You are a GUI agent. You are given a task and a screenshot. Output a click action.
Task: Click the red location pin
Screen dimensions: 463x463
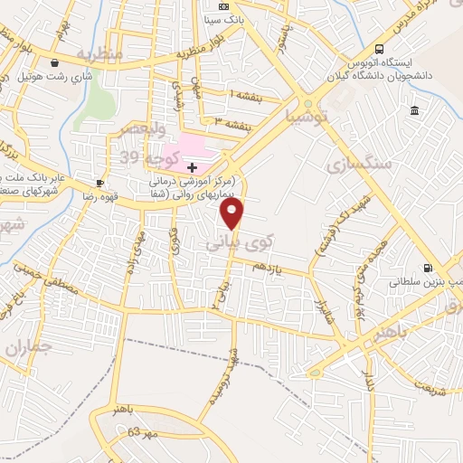[233, 213]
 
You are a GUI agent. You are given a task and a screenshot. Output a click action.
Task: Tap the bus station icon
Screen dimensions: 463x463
[380, 49]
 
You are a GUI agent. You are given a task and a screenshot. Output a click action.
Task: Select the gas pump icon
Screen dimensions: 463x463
[427, 268]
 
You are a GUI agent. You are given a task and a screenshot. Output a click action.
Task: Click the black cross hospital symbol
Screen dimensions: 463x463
[192, 167]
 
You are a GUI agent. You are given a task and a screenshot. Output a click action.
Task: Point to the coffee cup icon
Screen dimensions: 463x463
[99, 183]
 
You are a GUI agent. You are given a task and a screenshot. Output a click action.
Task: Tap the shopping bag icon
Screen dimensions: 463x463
[56, 63]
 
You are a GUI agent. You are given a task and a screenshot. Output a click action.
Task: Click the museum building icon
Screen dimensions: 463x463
[414, 110]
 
